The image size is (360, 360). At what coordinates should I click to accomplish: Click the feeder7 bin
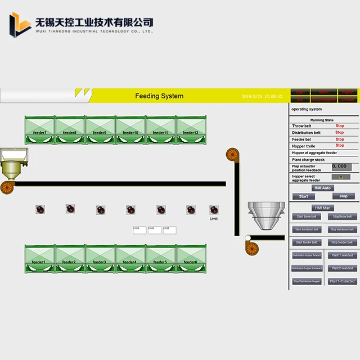click(40, 130)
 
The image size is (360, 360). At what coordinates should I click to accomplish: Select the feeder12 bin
click(191, 130)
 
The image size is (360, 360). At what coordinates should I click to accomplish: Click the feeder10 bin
click(130, 130)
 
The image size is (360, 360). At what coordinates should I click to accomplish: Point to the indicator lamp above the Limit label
click(214, 209)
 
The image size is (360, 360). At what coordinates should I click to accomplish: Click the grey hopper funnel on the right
click(263, 214)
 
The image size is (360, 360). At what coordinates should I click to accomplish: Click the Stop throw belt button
click(342, 217)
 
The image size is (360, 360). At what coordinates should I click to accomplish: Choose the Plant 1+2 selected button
click(342, 281)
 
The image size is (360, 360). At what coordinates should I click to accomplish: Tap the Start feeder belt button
click(307, 242)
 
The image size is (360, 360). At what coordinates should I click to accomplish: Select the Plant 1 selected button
click(342, 255)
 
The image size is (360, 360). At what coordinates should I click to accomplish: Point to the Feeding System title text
click(159, 96)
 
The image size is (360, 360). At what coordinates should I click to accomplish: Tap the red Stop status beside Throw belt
click(340, 126)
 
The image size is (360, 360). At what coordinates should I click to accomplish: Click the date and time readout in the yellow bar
click(262, 97)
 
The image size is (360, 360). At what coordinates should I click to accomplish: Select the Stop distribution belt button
click(342, 229)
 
